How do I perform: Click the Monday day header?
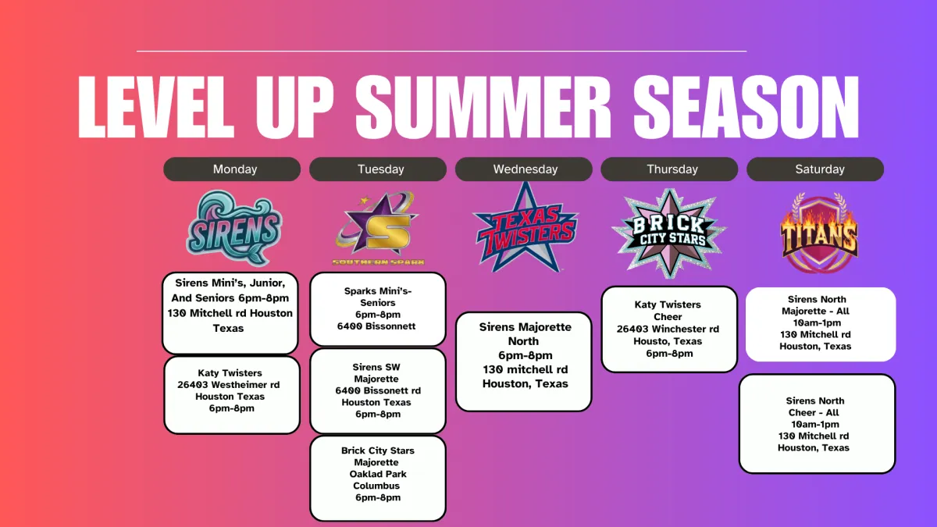[232, 169]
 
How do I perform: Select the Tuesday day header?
[378, 169]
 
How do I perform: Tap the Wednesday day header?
[524, 169]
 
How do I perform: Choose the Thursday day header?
[669, 169]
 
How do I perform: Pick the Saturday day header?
[815, 169]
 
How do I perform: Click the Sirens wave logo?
[233, 228]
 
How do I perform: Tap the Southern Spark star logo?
[378, 228]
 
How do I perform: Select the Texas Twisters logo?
[526, 228]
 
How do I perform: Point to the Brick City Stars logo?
[669, 233]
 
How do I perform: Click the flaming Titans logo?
[819, 232]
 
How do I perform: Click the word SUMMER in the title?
[483, 107]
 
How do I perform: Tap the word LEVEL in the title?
[155, 107]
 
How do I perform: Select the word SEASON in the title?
[746, 107]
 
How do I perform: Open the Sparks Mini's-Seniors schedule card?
[378, 309]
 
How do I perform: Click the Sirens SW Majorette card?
[378, 390]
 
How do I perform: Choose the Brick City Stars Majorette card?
[378, 478]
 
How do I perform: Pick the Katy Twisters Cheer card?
[669, 329]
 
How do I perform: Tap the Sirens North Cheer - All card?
[817, 424]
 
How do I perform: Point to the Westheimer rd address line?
[228, 385]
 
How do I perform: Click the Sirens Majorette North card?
[524, 361]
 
